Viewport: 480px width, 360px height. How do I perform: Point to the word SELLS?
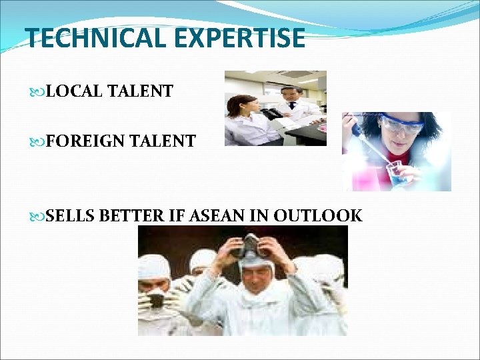point(71,215)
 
